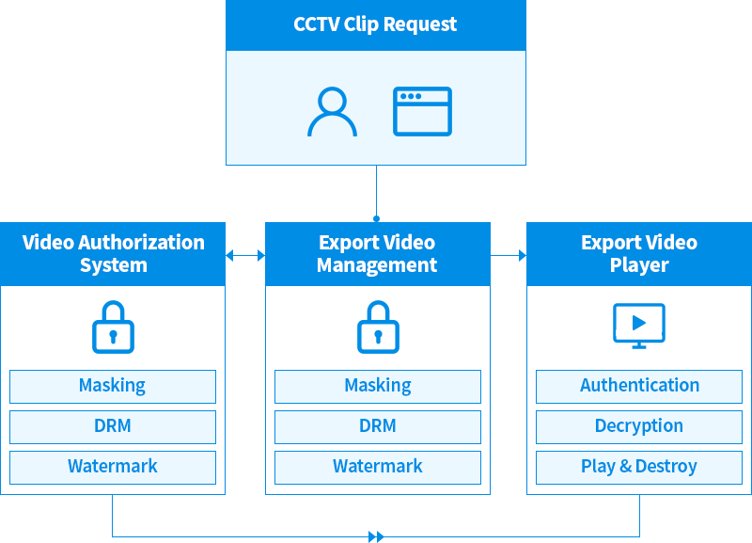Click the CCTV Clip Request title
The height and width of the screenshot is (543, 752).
[x=375, y=24]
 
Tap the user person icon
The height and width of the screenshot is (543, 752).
[x=332, y=112]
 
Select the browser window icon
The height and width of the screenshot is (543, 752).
[x=422, y=112]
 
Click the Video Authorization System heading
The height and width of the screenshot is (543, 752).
[x=113, y=253]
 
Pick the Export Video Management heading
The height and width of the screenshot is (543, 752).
[x=377, y=253]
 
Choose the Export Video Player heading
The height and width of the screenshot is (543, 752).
[x=639, y=253]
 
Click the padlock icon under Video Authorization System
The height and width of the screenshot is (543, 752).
[x=113, y=327]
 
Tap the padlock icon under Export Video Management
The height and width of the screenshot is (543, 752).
[x=378, y=327]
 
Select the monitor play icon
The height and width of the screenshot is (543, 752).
[x=639, y=326]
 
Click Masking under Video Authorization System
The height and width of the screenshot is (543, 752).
[x=113, y=386]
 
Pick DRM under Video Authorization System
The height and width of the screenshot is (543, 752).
[x=113, y=426]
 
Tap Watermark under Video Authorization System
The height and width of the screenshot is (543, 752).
[x=113, y=467]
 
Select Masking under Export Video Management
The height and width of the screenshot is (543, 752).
[x=378, y=386]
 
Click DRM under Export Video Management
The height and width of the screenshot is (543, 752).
[x=378, y=426]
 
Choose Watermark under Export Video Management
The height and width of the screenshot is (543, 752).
[x=378, y=467]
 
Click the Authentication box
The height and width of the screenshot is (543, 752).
[x=639, y=386]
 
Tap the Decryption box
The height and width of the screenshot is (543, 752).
[x=639, y=426]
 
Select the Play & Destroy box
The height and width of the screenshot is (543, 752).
[x=639, y=467]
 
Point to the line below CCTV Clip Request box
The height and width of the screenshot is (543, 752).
[x=376, y=193]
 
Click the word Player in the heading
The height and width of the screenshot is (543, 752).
[x=639, y=265]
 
